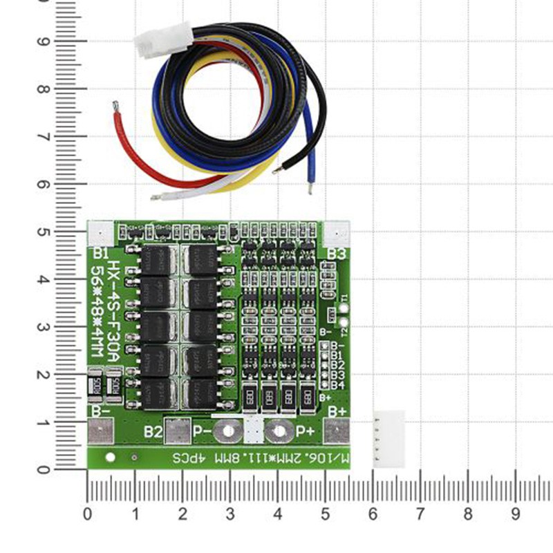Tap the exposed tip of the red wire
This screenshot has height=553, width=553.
point(115,105)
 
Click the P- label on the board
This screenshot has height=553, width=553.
point(203,432)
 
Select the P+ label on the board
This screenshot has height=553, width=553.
point(306,431)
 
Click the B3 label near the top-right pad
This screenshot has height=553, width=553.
point(336,254)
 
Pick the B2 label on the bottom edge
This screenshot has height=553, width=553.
point(153,432)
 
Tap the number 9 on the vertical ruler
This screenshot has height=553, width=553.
point(43,41)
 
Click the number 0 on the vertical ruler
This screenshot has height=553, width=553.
point(43,470)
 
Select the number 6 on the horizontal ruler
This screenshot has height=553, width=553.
point(373,514)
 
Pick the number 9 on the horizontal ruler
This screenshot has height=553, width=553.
point(516,514)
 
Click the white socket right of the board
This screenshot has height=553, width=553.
point(388,438)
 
